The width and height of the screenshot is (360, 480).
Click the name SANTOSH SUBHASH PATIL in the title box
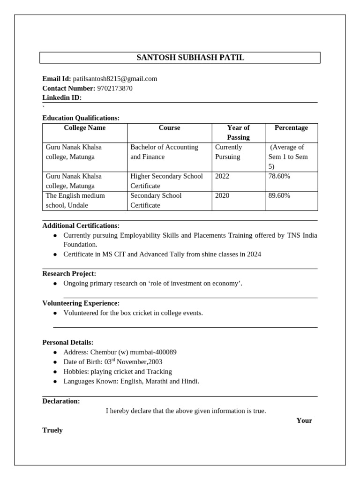190,58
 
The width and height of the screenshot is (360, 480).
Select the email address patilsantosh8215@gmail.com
115,79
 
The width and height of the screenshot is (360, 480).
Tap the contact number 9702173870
115,88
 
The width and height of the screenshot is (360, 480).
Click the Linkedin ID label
62,97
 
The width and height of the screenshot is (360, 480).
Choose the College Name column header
85,127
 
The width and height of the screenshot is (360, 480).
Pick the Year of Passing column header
238,132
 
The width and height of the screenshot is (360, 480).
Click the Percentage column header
291,127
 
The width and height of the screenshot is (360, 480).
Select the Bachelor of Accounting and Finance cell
164,152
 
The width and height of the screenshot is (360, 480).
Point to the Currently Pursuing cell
228,152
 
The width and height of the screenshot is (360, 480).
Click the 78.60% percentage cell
279,176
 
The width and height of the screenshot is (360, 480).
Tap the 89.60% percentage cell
279,195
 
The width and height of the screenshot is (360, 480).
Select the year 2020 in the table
222,195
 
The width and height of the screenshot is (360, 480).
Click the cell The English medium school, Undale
75,200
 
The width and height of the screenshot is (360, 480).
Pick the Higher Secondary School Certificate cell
166,181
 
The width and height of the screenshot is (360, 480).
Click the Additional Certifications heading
81,225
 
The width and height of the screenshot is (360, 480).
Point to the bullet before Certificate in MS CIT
55,255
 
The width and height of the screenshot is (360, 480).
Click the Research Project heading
69,273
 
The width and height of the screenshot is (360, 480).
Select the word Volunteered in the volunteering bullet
81,313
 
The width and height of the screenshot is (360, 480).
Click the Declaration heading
61,401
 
